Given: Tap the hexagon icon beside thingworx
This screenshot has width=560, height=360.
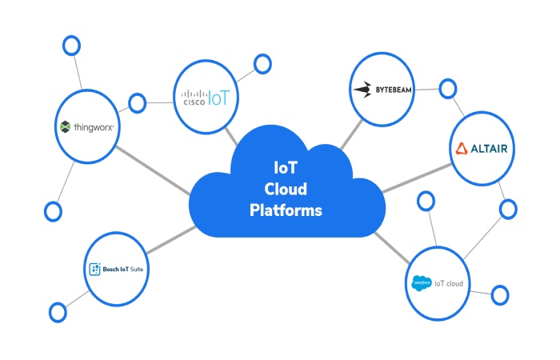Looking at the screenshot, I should [x=65, y=127].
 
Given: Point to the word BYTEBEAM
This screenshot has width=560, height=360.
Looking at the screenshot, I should [x=394, y=90].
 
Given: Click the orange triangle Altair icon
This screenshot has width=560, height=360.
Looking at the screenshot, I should [x=462, y=149].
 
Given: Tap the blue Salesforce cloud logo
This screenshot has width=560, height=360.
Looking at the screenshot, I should [x=421, y=283].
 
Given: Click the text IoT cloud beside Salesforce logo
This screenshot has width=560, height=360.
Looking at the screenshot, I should [x=448, y=283].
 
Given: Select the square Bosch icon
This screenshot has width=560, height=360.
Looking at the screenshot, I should [x=94, y=269].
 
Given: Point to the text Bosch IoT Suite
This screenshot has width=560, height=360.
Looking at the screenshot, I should [x=125, y=269].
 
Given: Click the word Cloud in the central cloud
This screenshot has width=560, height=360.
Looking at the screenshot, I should [x=286, y=190].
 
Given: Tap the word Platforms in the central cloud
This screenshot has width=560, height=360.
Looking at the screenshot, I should [x=286, y=210].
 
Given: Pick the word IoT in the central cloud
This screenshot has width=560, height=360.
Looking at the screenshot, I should [x=286, y=169].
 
